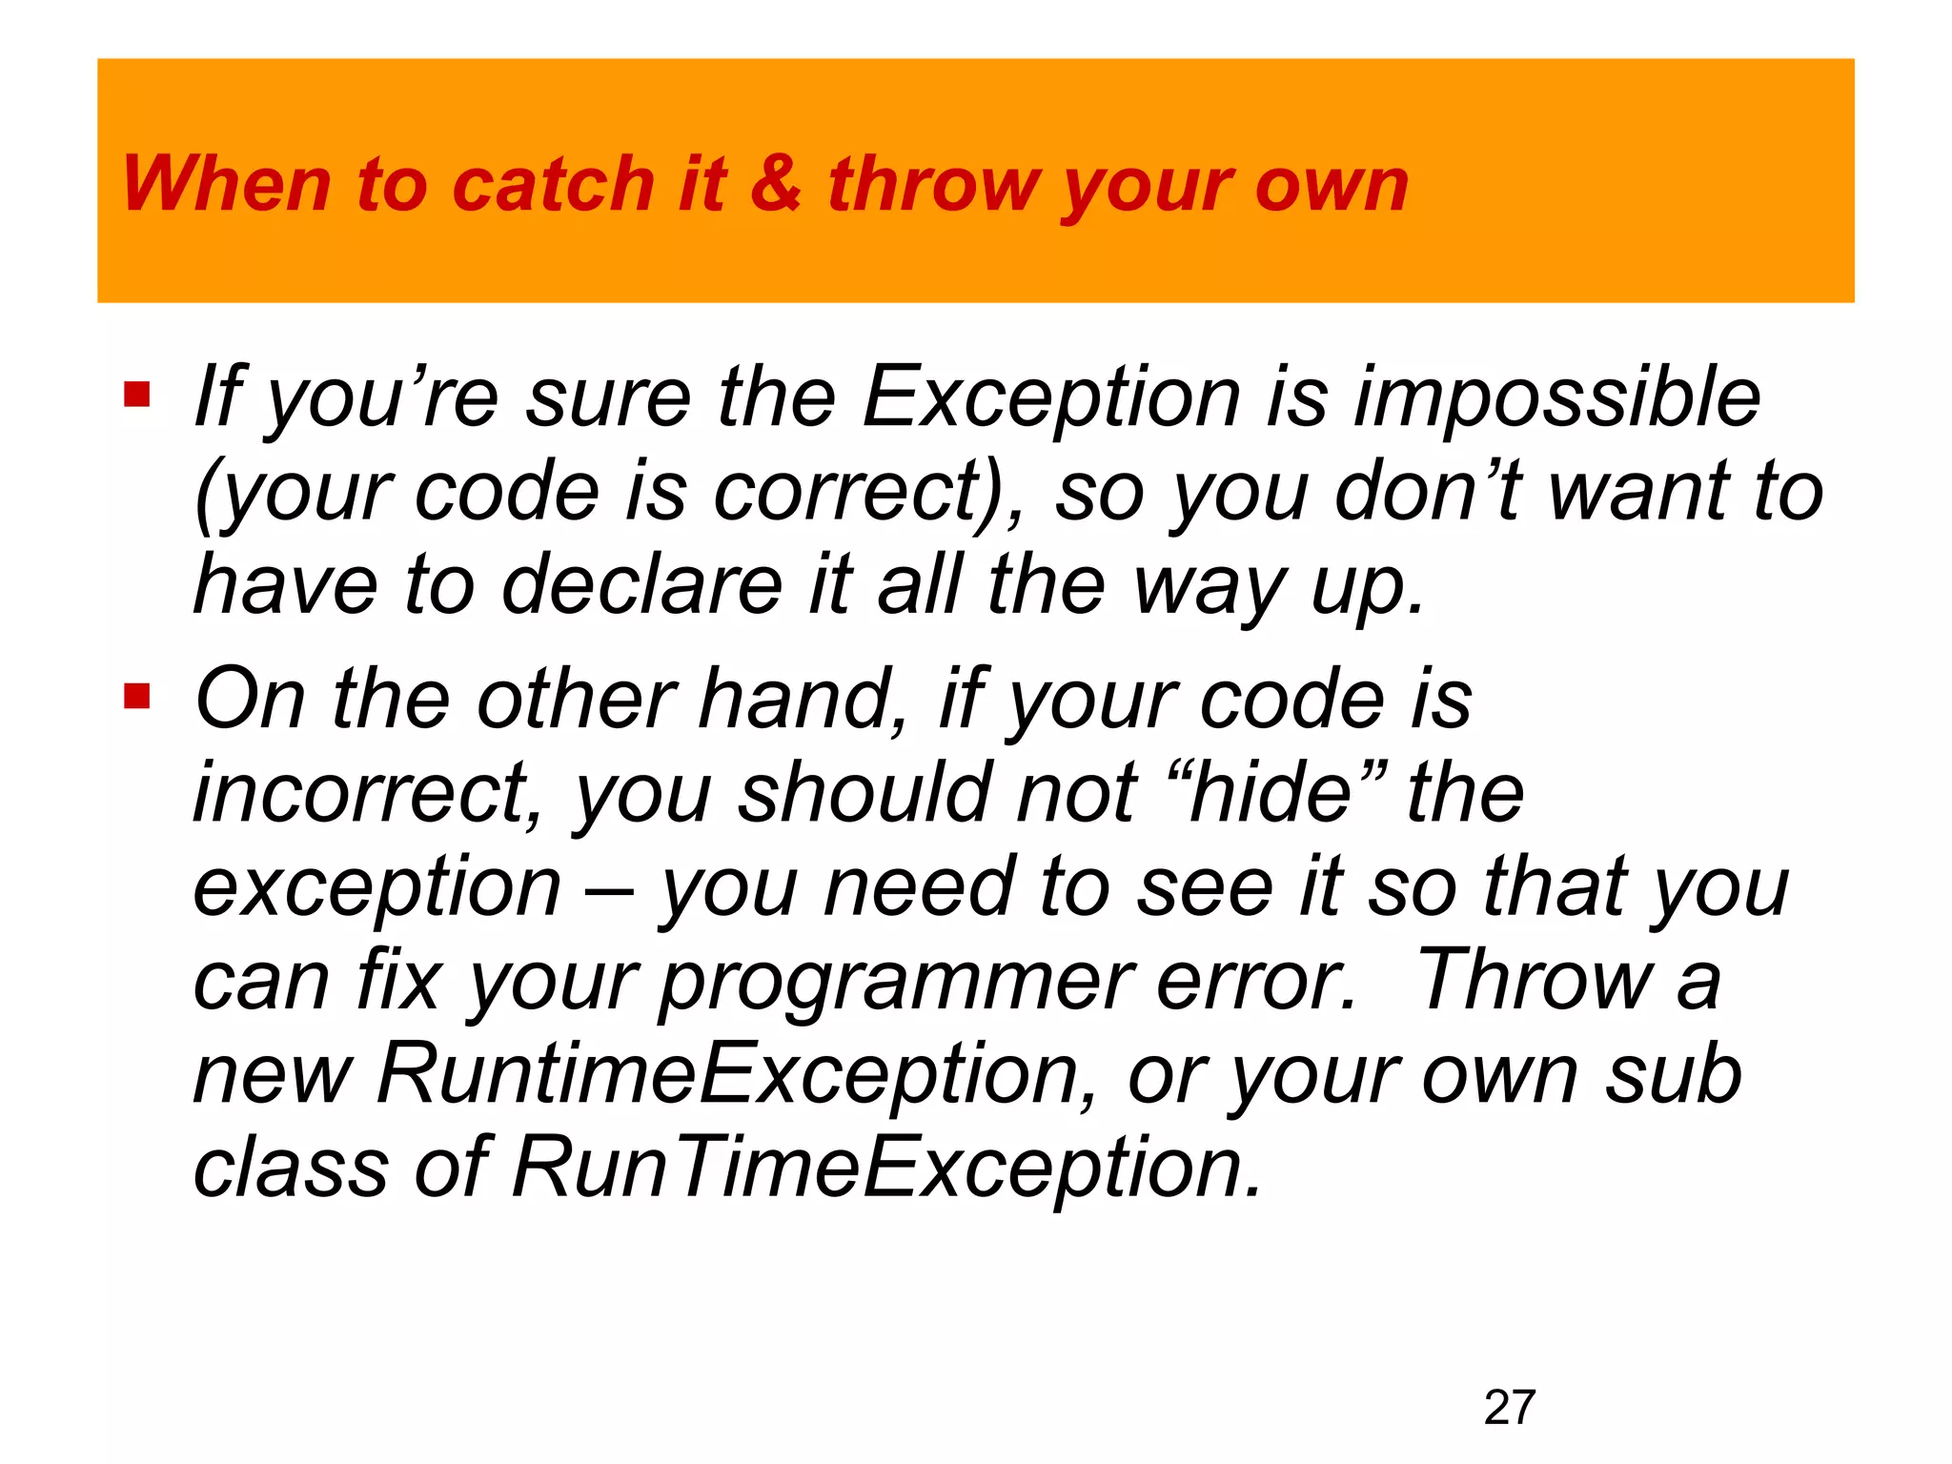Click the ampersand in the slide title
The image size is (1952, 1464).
(x=775, y=183)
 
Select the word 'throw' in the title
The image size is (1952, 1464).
(x=934, y=183)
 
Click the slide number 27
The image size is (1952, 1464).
(x=1509, y=1408)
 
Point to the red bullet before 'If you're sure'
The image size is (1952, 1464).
(x=137, y=395)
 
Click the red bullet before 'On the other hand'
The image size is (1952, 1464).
(x=137, y=697)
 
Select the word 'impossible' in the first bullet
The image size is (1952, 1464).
(x=1556, y=398)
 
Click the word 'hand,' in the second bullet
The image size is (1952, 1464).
(x=804, y=699)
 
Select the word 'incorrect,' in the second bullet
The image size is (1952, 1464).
(x=368, y=793)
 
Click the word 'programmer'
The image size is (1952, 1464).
(x=896, y=982)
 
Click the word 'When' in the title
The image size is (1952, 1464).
(x=227, y=183)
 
